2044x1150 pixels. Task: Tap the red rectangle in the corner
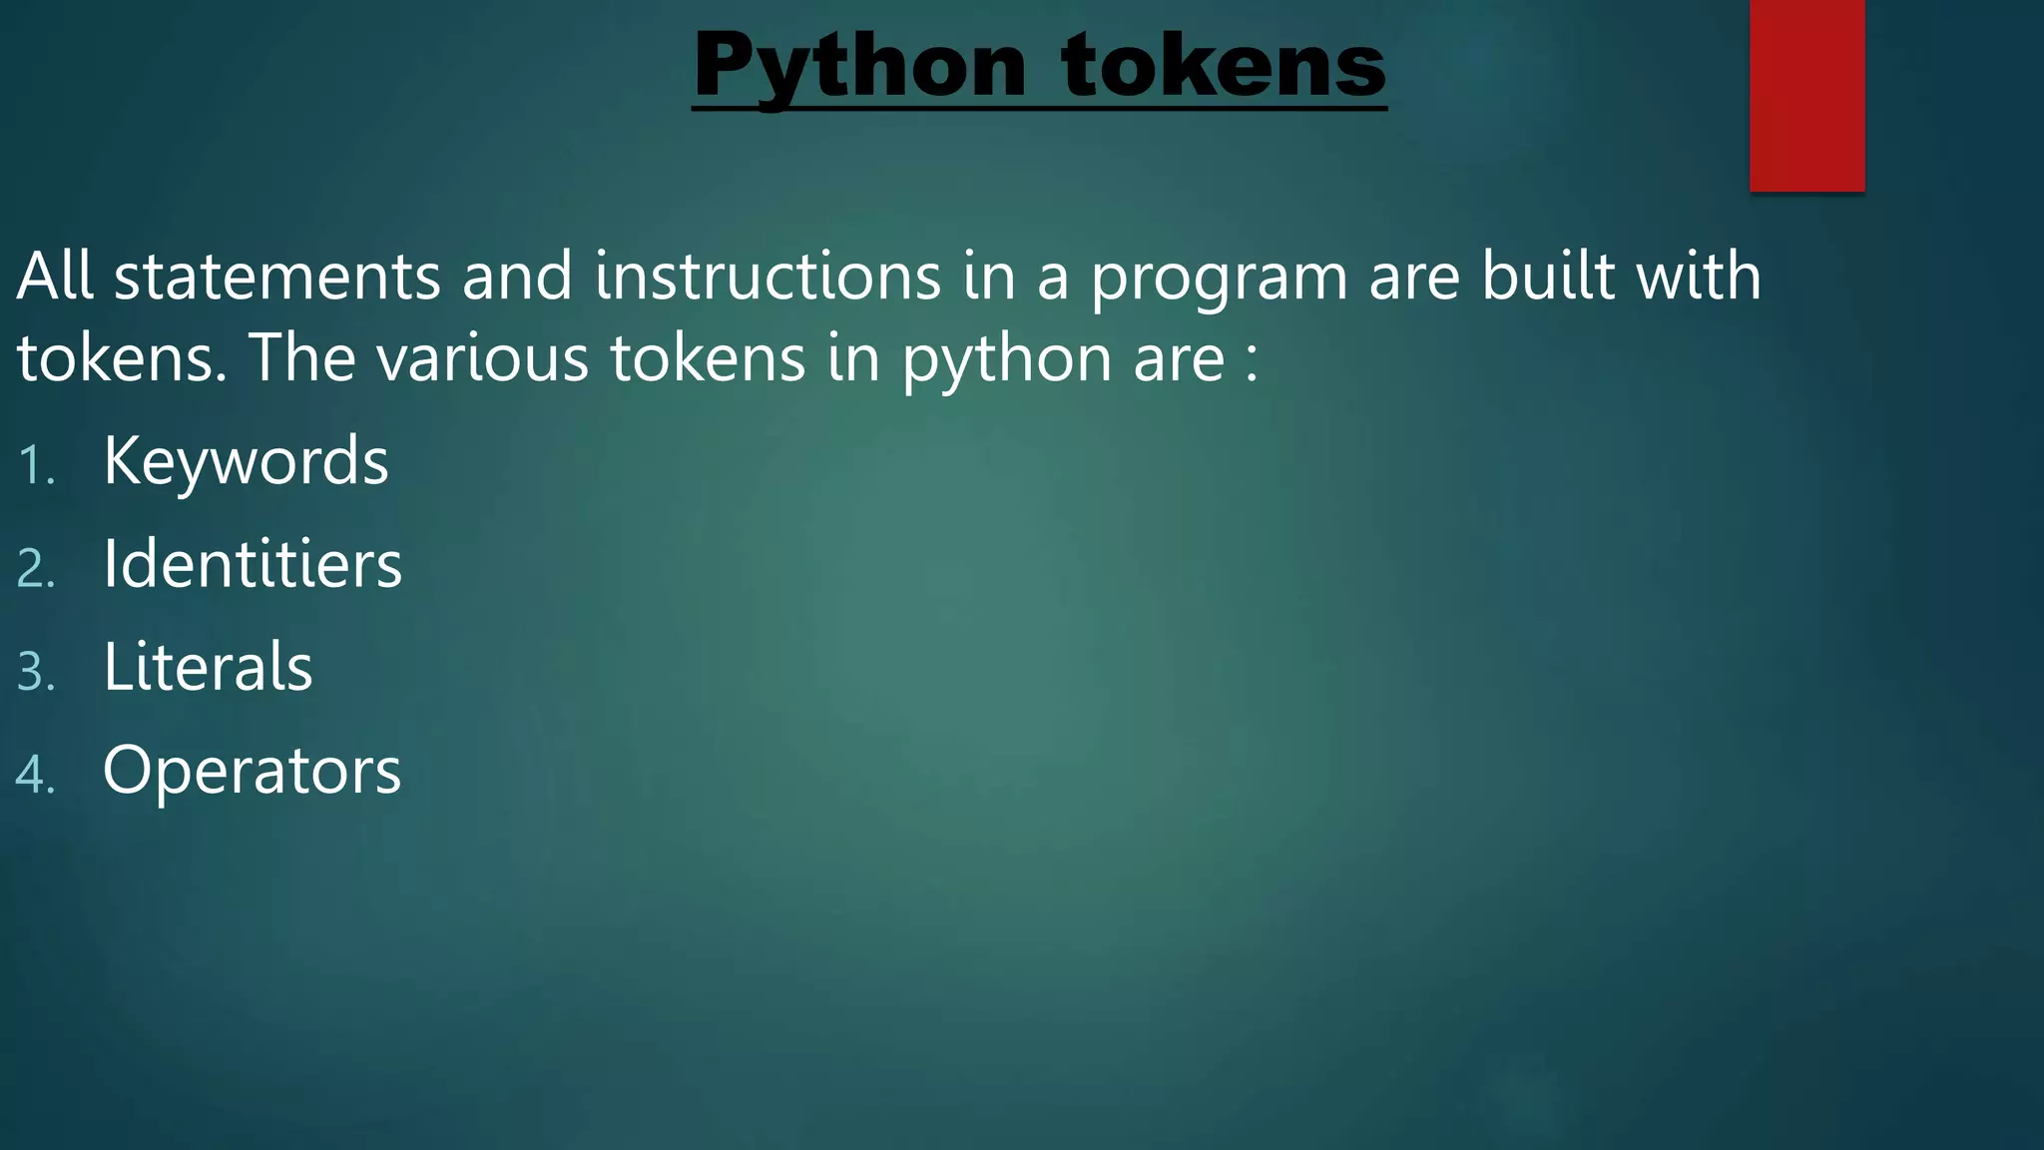[x=1806, y=95]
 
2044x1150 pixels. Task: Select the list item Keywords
[x=246, y=461]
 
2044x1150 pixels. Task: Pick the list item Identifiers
[x=253, y=564]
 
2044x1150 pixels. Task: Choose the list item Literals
[x=208, y=667]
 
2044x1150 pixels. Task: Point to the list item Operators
[x=252, y=770]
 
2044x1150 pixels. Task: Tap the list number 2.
[x=36, y=569]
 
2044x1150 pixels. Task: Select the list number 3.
[x=36, y=672]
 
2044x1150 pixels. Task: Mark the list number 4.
[x=36, y=775]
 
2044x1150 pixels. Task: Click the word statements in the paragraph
[x=277, y=277]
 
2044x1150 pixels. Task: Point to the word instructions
[x=767, y=277]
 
